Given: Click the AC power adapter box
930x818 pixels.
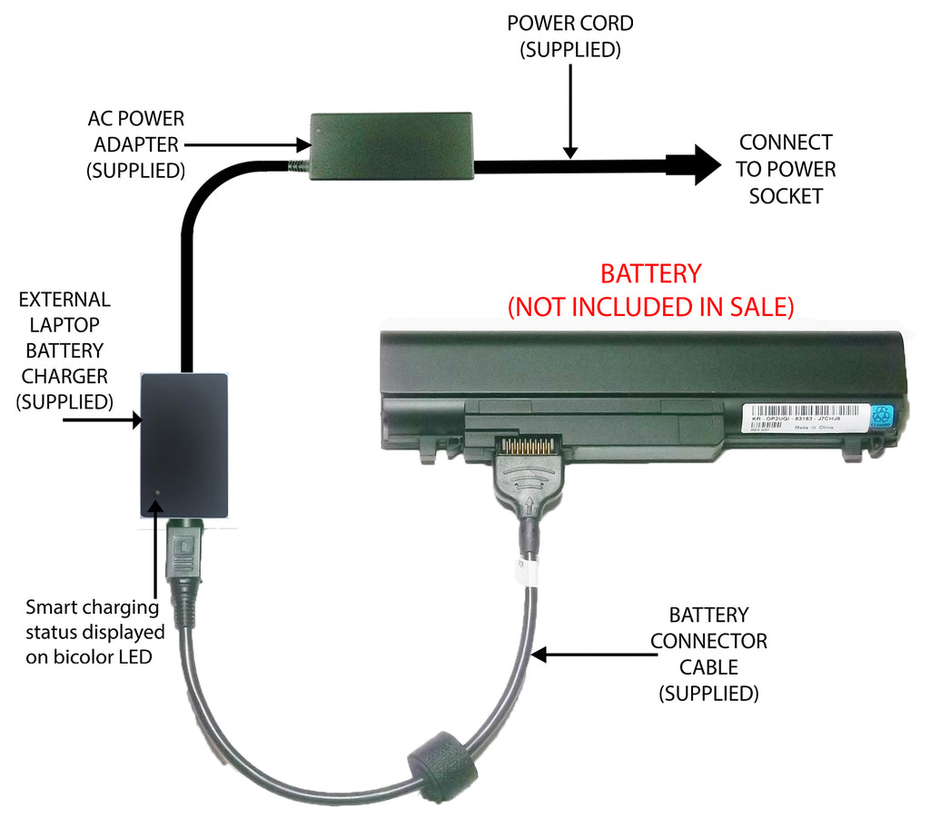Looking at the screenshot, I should click(391, 145).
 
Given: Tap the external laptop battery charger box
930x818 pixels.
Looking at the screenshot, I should click(184, 444).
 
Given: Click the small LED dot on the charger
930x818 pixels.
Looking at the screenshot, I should click(159, 494).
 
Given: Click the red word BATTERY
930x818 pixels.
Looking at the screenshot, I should click(650, 273).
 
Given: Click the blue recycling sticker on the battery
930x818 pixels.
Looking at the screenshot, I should click(882, 418).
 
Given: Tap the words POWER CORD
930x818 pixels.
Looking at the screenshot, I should click(569, 23).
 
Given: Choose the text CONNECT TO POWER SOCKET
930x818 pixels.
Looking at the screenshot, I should click(786, 169).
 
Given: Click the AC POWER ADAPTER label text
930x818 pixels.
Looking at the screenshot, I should click(135, 143).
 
